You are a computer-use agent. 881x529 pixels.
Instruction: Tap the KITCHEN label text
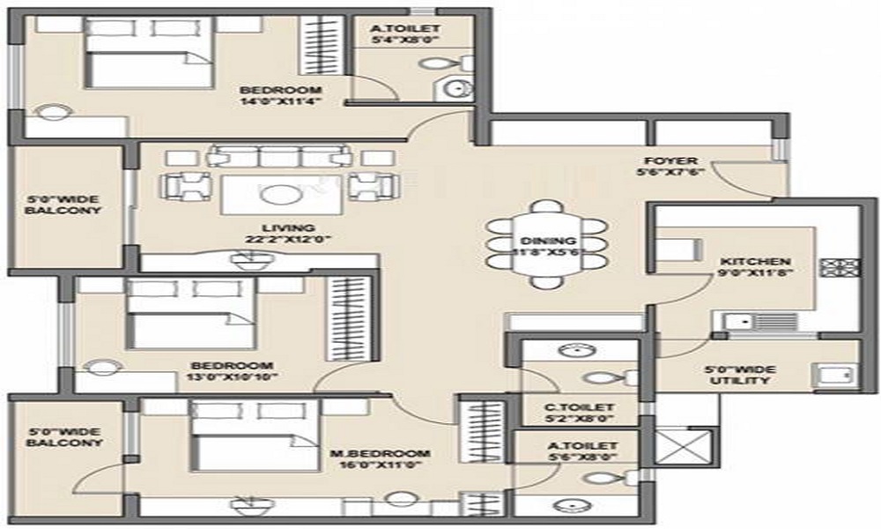(x=755, y=262)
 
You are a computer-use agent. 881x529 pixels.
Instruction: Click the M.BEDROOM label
(x=381, y=454)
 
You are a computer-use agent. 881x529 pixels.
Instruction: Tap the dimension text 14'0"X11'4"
(x=280, y=101)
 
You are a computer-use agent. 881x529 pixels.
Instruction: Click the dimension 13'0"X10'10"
(x=231, y=377)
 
